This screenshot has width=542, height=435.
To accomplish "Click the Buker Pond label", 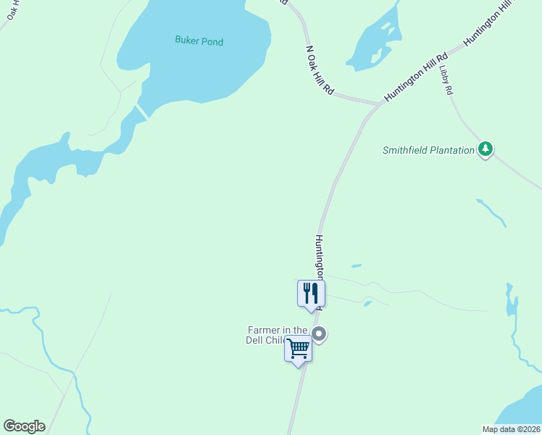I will [x=199, y=41].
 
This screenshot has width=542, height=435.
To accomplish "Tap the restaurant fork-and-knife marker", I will [x=312, y=294].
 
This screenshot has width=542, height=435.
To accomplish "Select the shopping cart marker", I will [x=299, y=349].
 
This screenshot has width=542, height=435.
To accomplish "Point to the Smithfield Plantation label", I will [x=428, y=150].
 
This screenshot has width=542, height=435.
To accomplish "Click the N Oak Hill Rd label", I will [x=320, y=71].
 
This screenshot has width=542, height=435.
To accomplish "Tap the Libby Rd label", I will [x=446, y=80].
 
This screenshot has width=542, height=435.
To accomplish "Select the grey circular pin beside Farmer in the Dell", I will [x=319, y=334].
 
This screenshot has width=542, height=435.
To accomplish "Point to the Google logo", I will [x=24, y=426].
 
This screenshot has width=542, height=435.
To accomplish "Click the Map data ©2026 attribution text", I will [x=511, y=429].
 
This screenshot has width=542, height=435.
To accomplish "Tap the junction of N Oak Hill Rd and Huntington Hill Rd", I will [x=379, y=104].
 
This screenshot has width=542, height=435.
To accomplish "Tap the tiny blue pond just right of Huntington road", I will [x=356, y=266].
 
